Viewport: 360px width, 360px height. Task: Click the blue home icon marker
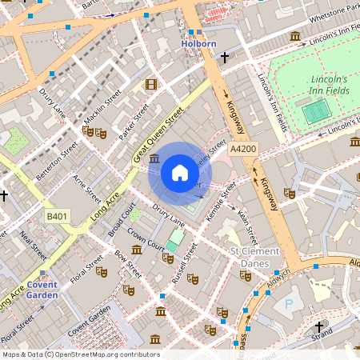[180, 173]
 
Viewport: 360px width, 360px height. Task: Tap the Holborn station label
[199, 44]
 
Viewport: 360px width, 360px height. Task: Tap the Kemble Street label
[218, 202]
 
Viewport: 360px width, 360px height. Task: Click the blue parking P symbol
[288, 303]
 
